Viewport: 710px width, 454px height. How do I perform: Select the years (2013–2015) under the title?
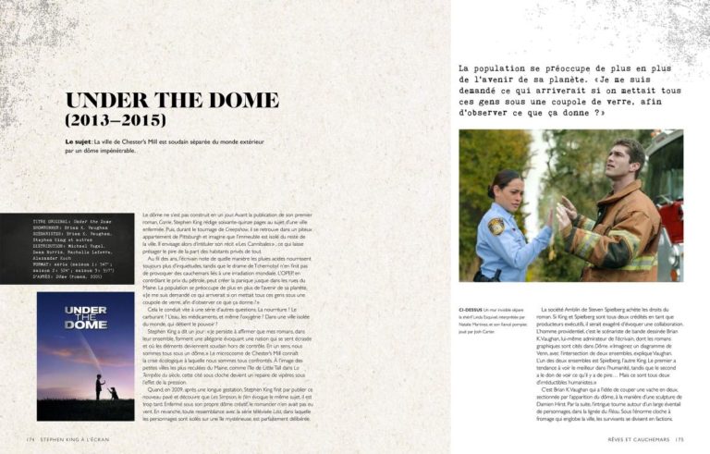tap(116, 120)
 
